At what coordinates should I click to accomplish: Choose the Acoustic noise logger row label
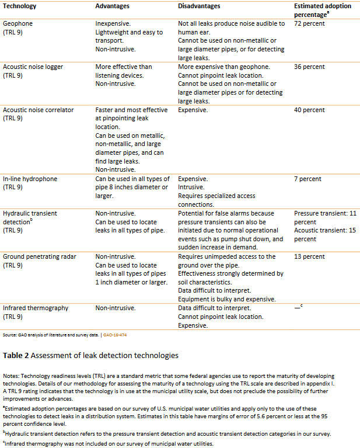coord(33,67)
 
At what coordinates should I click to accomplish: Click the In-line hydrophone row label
coord(30,179)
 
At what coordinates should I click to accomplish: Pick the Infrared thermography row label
coord(36,308)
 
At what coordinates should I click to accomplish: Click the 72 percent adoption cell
coord(309,24)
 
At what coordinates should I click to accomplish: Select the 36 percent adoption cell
coord(309,67)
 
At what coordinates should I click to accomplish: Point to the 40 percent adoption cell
coord(309,110)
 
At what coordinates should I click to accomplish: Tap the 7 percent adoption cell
coord(307,179)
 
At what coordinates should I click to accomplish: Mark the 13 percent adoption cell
coord(309,256)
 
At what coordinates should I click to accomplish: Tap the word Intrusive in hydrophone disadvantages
coord(191,187)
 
